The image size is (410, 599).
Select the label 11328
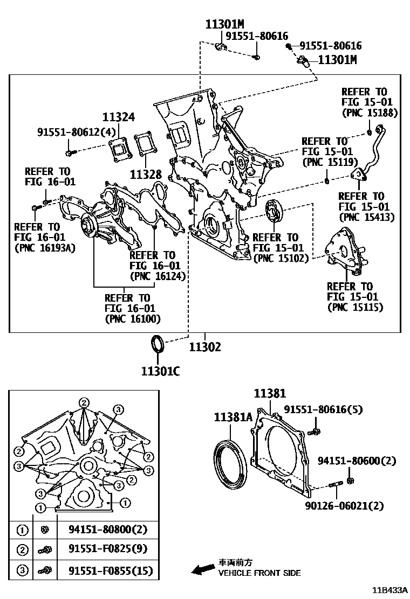coord(146,175)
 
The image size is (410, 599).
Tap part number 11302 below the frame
coord(206,347)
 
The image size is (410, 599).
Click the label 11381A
coord(233,417)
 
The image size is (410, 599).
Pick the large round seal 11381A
coord(231,463)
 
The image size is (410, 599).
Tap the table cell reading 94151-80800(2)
coord(108,530)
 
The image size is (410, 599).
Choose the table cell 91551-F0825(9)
coord(108,550)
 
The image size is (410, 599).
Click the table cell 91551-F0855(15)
coord(110,570)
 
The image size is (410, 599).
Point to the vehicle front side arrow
coord(203,568)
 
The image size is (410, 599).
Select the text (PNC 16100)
coord(133,318)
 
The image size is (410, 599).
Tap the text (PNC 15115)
coord(355,307)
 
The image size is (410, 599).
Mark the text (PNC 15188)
coord(370,113)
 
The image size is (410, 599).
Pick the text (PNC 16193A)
coord(45,248)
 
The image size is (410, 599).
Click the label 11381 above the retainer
coord(270,394)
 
